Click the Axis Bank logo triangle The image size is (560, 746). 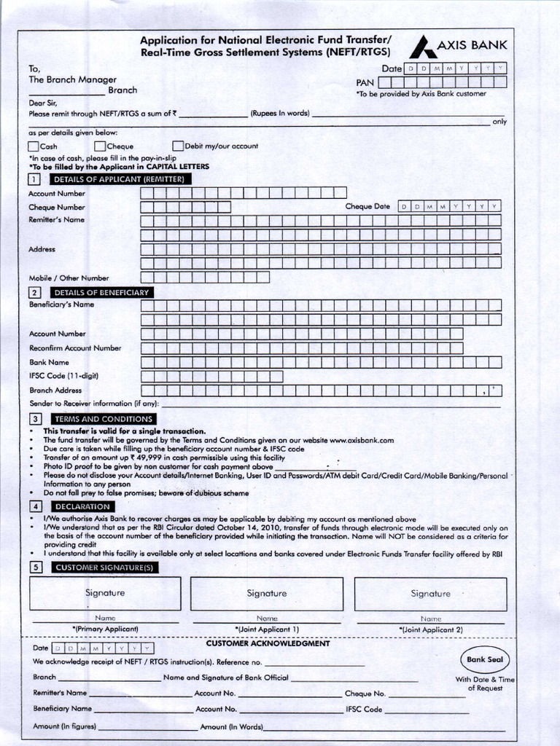423,48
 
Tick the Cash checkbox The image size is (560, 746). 34,146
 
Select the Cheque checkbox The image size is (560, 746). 101,146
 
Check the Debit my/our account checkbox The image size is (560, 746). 178,146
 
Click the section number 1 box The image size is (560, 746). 34,179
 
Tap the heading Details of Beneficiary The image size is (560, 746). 101,292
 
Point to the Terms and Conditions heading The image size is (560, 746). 103,419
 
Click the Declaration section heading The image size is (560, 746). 82,506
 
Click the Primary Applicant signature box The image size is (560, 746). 105,594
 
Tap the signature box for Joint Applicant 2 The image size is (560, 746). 430,594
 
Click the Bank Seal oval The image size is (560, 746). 485,659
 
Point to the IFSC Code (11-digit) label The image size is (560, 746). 63,376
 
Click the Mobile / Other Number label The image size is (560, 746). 69,278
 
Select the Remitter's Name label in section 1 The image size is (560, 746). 56,219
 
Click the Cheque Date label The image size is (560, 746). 367,206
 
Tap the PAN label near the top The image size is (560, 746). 365,82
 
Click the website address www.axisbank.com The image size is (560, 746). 362,440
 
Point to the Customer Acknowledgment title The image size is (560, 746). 268,643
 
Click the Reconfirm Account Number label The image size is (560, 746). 75,348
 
